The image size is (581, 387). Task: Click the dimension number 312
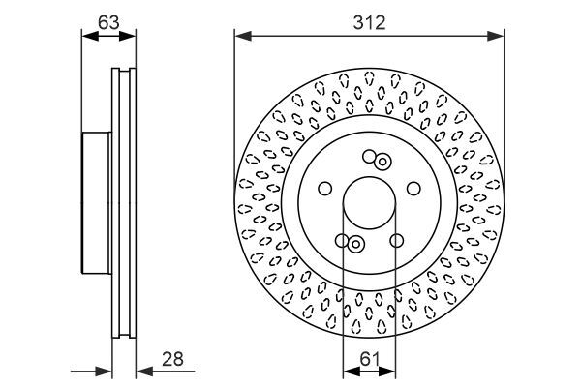369,22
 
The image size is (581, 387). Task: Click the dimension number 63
108,22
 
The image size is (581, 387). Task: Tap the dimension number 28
172,359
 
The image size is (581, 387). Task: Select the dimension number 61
370,359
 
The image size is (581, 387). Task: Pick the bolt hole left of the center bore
325,189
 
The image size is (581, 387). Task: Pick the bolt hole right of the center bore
413,189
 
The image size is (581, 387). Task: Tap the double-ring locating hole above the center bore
382,162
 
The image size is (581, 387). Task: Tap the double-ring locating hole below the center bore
355,244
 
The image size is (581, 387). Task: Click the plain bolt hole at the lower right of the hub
396,241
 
